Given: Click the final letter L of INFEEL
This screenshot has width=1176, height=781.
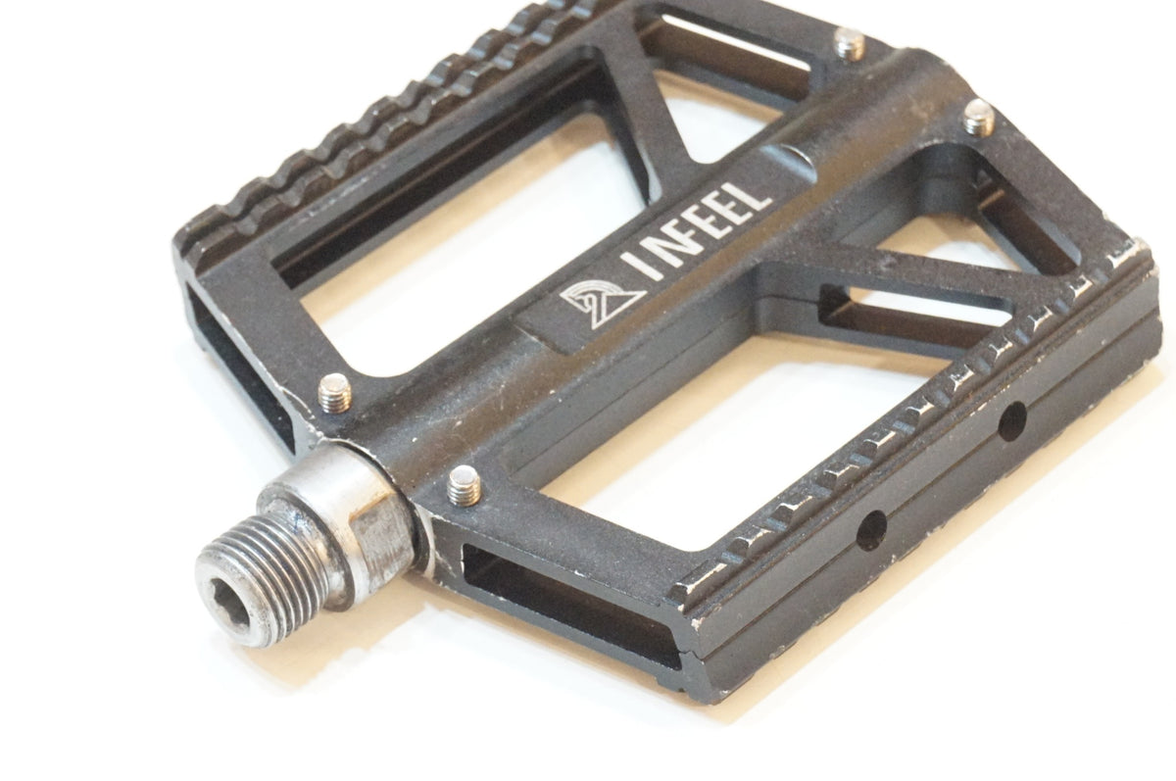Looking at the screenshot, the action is [753, 196].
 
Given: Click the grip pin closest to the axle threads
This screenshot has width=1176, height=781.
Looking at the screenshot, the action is [465, 486].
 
